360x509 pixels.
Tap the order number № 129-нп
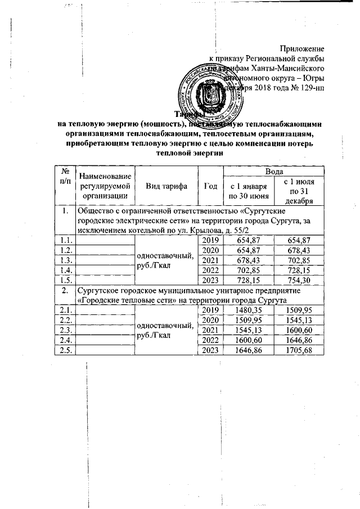click(x=307, y=88)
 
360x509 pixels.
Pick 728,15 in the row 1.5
click(x=248, y=280)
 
